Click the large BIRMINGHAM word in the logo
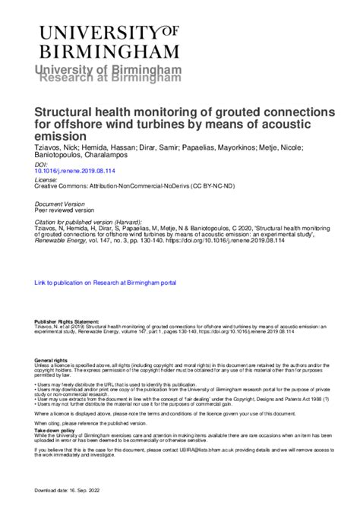(109, 52)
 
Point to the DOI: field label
(42, 164)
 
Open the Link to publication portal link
(106, 283)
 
